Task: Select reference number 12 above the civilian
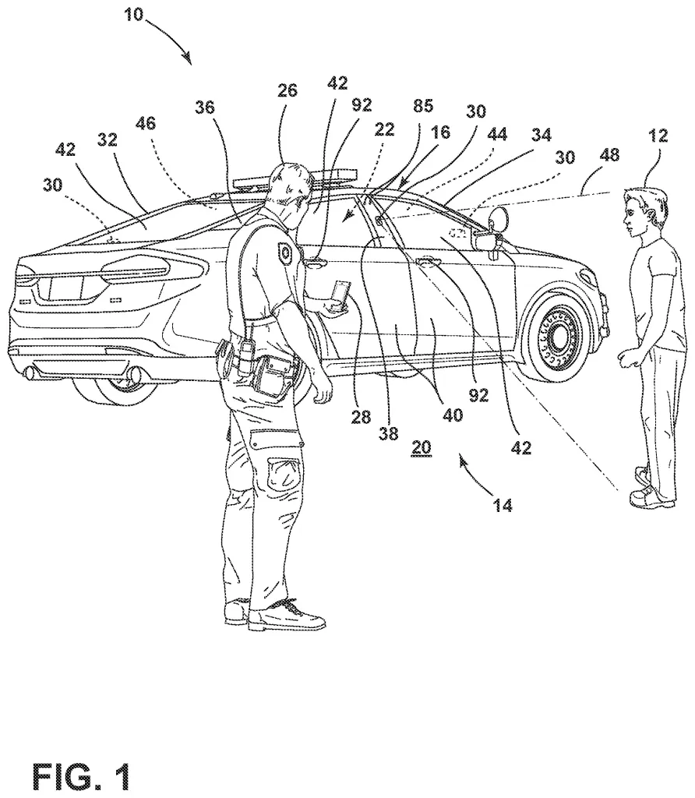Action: point(658,136)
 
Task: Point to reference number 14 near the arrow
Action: point(502,505)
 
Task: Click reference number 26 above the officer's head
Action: point(288,90)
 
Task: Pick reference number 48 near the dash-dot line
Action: point(609,155)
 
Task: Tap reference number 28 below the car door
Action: point(360,417)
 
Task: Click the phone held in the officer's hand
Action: point(338,296)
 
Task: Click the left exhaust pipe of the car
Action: point(31,373)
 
